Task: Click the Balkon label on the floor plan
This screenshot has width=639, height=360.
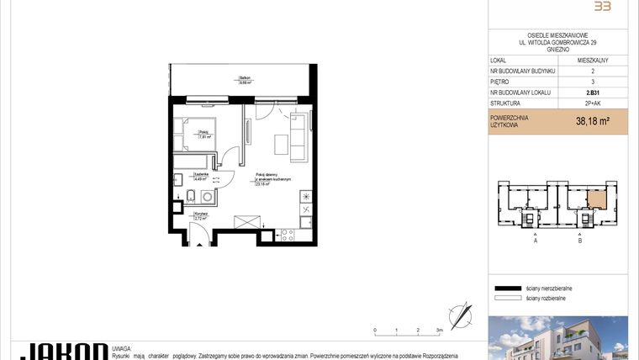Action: click(x=244, y=79)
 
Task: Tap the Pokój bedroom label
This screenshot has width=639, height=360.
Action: click(x=203, y=132)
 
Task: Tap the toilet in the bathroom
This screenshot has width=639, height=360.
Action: click(x=190, y=197)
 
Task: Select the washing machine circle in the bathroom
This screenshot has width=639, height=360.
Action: click(x=207, y=197)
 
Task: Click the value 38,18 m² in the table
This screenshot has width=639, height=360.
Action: click(x=591, y=121)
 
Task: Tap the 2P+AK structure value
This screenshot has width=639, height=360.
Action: click(x=593, y=104)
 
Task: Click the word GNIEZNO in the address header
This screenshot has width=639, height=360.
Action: click(x=558, y=50)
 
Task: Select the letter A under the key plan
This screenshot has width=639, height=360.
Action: click(x=536, y=241)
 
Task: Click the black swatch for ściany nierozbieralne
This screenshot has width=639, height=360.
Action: click(x=508, y=287)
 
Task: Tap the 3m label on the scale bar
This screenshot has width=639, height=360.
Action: click(x=439, y=331)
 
